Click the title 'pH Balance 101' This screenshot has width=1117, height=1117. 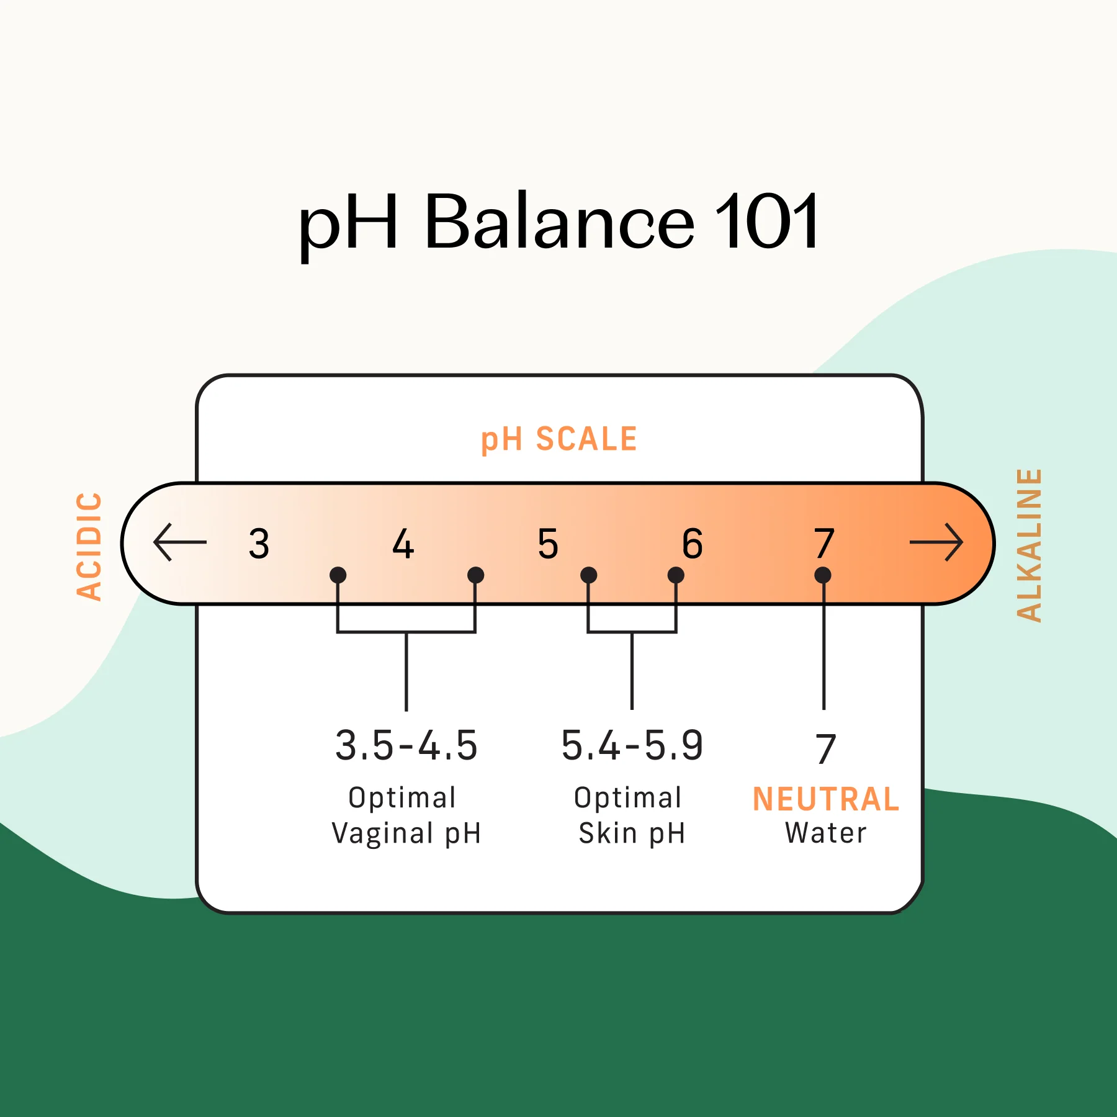(x=558, y=222)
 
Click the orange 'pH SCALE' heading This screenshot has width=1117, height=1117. (x=559, y=439)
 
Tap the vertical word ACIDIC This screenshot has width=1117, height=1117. (x=89, y=546)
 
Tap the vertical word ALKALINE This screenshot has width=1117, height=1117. (x=1029, y=545)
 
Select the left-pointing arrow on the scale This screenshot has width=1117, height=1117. (x=179, y=542)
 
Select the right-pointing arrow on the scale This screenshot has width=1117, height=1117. (x=936, y=542)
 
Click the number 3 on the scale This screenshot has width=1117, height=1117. (x=259, y=544)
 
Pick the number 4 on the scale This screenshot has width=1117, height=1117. (x=403, y=544)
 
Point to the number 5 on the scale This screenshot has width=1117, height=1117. (x=548, y=544)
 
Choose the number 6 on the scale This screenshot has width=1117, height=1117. (x=693, y=544)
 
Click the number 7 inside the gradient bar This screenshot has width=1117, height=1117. (x=824, y=544)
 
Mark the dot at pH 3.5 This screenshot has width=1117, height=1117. (x=338, y=575)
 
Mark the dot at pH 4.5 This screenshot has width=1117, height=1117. (x=475, y=575)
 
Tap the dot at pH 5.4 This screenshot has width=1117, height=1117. (x=588, y=575)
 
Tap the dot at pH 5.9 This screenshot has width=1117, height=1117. (x=676, y=575)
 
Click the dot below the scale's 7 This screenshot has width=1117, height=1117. (x=823, y=575)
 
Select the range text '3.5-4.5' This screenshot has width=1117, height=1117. (x=406, y=745)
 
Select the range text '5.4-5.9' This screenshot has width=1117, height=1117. (x=632, y=745)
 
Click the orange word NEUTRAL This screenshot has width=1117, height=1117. (x=826, y=799)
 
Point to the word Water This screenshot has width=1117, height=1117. (x=826, y=833)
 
